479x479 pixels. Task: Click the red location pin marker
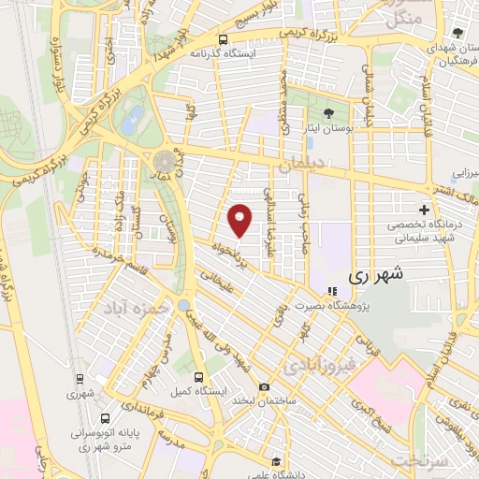(x=240, y=220)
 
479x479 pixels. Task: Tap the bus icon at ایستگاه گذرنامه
(x=223, y=39)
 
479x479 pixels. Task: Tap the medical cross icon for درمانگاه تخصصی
(x=426, y=209)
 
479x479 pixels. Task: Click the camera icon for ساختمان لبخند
(x=265, y=387)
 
